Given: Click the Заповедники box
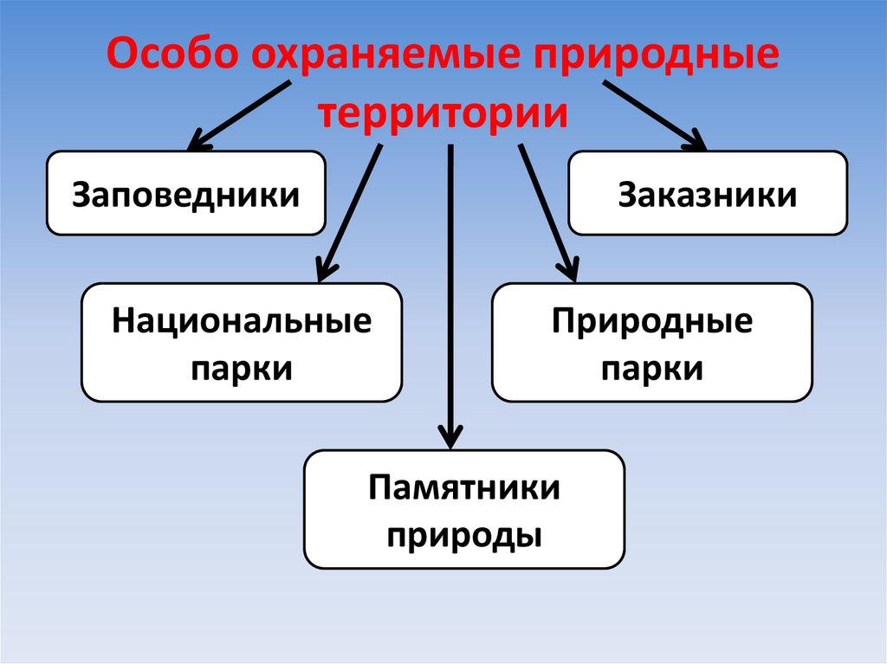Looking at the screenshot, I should (185, 193).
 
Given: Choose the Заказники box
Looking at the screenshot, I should (707, 193).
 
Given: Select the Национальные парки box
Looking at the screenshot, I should (241, 343).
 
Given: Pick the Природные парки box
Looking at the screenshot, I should (651, 343).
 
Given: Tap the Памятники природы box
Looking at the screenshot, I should (463, 509).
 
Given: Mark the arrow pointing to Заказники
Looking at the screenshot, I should (654, 114).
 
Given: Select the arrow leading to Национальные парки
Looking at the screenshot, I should (351, 211).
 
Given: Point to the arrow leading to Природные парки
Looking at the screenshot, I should (547, 211).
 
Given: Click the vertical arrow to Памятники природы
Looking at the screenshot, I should (450, 294).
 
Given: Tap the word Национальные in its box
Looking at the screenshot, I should (241, 323).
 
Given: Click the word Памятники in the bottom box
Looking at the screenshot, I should (463, 488).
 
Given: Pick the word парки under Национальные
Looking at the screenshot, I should (241, 368).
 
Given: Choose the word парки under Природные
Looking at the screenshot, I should (651, 368).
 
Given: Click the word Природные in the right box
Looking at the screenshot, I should (651, 323).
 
